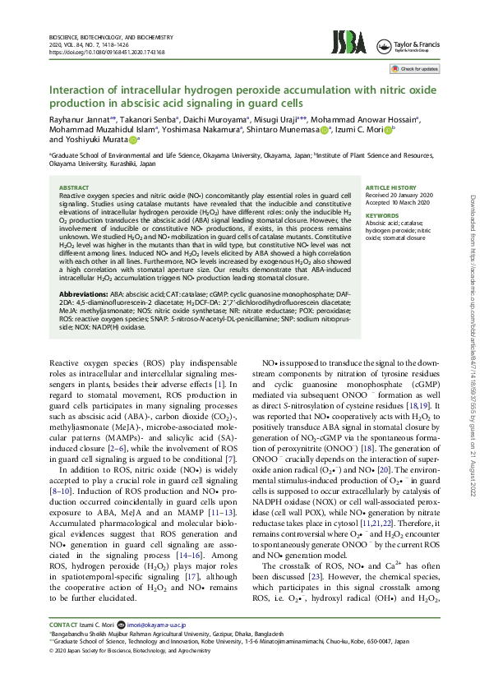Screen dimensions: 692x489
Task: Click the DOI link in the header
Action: pyautogui.click(x=107, y=52)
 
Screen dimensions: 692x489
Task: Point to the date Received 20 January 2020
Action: pyautogui.click(x=399, y=196)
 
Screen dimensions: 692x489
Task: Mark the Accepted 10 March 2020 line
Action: pyautogui.click(x=398, y=203)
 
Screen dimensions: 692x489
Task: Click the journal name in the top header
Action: pyautogui.click(x=112, y=38)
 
